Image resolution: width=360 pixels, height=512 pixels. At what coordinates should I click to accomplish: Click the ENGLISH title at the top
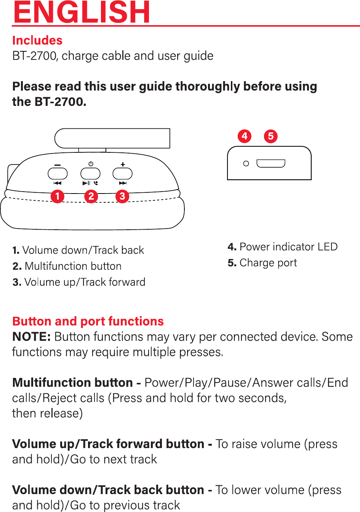[x=82, y=13]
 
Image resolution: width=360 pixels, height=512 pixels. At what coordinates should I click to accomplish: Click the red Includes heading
[x=37, y=40]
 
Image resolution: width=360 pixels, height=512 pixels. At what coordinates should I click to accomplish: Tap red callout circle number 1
[x=58, y=196]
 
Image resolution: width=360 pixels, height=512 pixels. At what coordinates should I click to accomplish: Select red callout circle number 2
[x=91, y=196]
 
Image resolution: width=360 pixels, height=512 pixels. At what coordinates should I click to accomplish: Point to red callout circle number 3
[x=122, y=196]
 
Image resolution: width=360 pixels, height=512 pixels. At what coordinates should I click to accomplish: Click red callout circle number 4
[x=245, y=136]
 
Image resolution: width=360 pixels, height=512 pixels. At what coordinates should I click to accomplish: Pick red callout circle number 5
[x=271, y=136]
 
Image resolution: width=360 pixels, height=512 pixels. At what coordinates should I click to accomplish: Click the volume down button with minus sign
[x=58, y=174]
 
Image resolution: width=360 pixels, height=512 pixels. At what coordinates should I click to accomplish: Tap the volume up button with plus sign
[x=123, y=174]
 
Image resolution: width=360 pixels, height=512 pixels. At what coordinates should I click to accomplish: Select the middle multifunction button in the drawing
[x=90, y=174]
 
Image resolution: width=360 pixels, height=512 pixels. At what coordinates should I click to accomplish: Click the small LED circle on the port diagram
[x=246, y=163]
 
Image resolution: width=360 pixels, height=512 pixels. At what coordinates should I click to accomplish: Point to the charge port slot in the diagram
[x=271, y=163]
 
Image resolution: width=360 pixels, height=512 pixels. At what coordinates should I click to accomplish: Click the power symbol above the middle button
[x=91, y=164]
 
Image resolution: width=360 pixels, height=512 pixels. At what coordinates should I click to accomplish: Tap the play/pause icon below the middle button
[x=86, y=183]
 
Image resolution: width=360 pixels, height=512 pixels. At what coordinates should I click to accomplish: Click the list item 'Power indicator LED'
[x=283, y=247]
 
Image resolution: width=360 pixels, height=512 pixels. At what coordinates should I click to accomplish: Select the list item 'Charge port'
[x=262, y=263]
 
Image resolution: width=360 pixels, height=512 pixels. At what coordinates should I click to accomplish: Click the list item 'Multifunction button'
[x=67, y=266]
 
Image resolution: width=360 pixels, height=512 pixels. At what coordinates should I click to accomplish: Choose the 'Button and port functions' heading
[x=88, y=321]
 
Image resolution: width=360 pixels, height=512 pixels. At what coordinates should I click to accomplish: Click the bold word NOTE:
[x=32, y=337]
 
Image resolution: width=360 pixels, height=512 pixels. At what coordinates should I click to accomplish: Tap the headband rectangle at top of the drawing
[x=112, y=138]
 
